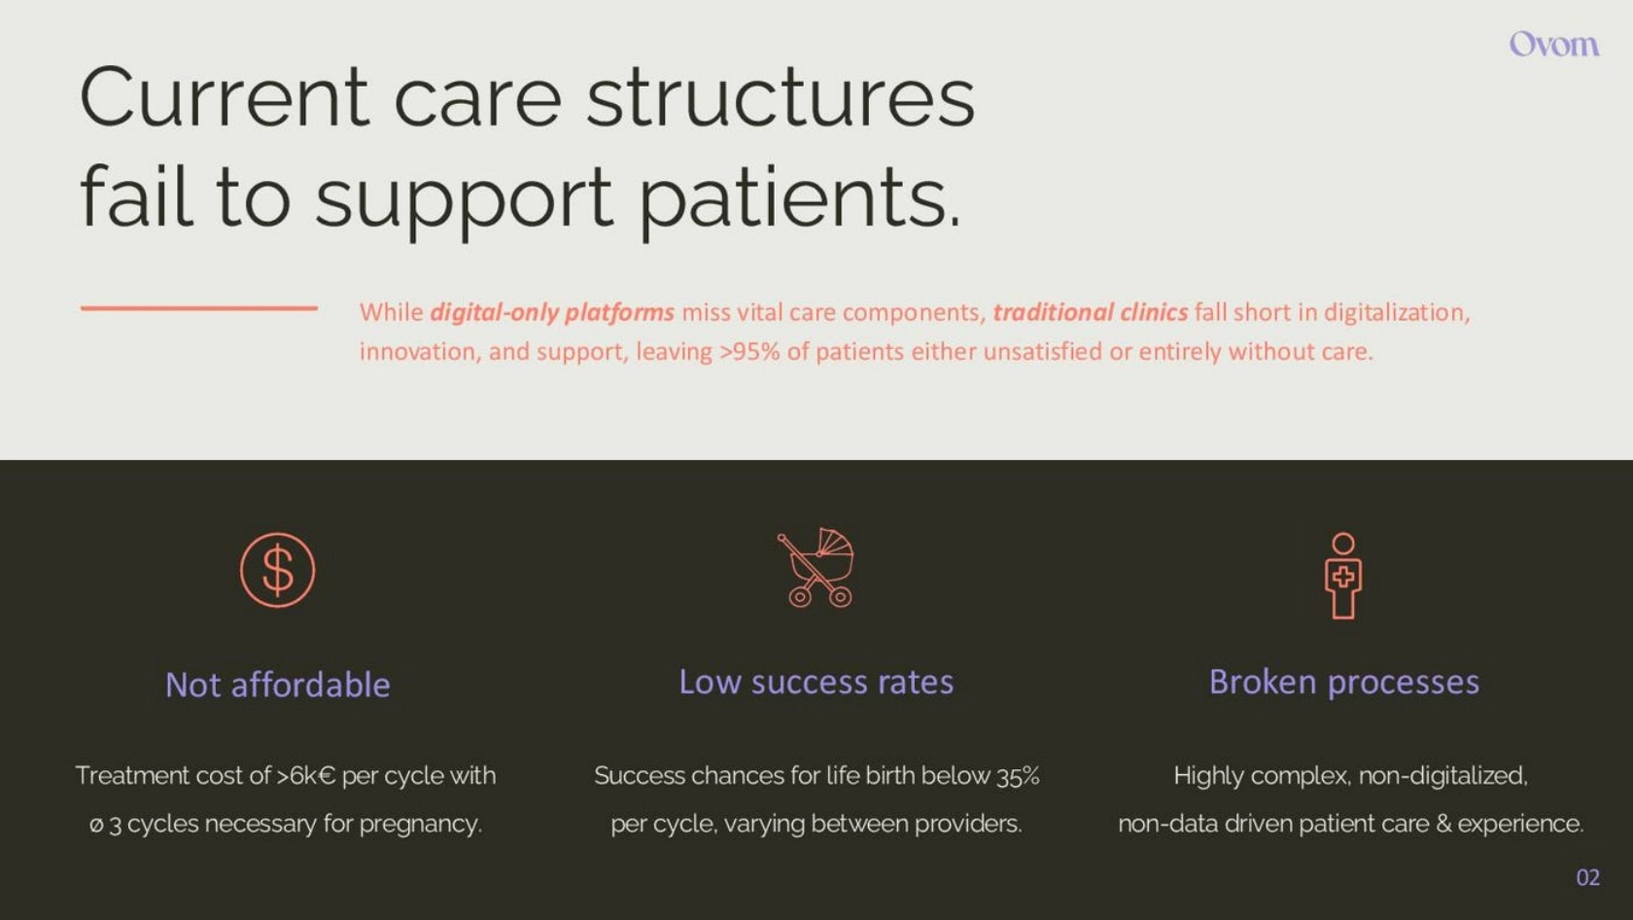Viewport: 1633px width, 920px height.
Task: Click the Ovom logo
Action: pos(1554,45)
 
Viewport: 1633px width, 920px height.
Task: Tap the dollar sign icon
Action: pos(278,570)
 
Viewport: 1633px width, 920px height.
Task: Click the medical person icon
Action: pos(1343,576)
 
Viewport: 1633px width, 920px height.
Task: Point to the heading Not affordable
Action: pos(278,685)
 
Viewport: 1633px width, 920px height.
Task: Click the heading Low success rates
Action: pos(816,682)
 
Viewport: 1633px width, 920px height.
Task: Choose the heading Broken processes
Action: pos(1344,682)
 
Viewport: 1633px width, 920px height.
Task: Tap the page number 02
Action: pos(1588,877)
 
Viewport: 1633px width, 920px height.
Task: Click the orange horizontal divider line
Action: pos(199,308)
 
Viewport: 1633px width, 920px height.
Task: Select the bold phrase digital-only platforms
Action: pos(552,312)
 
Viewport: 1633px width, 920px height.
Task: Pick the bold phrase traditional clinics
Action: pos(1091,312)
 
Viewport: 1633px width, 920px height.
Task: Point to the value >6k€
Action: pos(306,775)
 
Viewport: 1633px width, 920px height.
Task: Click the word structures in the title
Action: pos(781,97)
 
